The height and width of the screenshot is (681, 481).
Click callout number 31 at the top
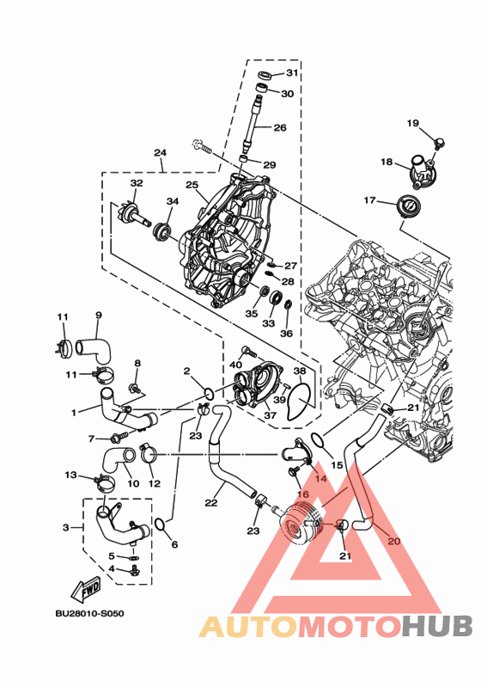[x=292, y=72]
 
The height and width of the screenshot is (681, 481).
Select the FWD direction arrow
[x=86, y=588]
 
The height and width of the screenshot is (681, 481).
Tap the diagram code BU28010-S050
[x=89, y=614]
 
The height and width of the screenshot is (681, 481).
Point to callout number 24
[x=160, y=152]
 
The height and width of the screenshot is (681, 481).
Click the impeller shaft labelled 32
[x=135, y=215]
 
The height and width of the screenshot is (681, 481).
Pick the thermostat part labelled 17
[x=408, y=206]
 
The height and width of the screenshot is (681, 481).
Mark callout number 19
[x=413, y=123]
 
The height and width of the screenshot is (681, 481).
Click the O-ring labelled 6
[x=160, y=525]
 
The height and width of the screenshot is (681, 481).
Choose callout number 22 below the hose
[x=210, y=503]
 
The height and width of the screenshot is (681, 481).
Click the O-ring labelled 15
[x=318, y=440]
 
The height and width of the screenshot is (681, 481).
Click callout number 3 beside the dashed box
[x=65, y=527]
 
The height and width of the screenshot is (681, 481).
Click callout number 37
[x=271, y=415]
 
